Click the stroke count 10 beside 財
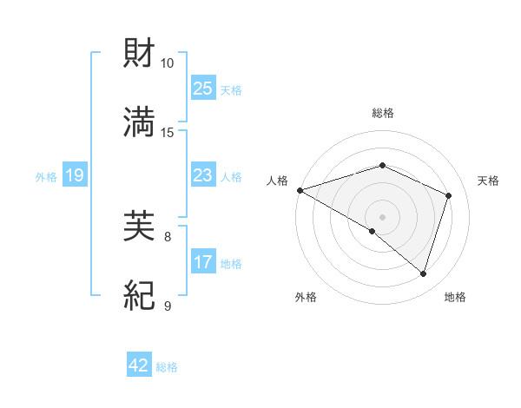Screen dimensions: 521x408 pyautogui.click(x=168, y=63)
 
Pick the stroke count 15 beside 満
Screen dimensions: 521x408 pyautogui.click(x=168, y=133)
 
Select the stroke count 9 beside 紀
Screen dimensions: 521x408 pyautogui.click(x=168, y=306)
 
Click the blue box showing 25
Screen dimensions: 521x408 pyautogui.click(x=202, y=89)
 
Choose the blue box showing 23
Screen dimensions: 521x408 pyautogui.click(x=202, y=175)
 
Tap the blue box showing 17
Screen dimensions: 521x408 pyautogui.click(x=202, y=262)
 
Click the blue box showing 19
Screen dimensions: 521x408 pyautogui.click(x=74, y=176)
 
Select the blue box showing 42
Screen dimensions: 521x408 pyautogui.click(x=139, y=366)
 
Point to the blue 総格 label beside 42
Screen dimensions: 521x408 pyautogui.click(x=167, y=367)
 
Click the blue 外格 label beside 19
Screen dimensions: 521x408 pyautogui.click(x=46, y=177)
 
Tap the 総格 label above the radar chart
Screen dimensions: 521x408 pyautogui.click(x=382, y=113)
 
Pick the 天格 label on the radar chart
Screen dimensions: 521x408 pyautogui.click(x=489, y=181)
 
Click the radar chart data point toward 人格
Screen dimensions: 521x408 pyautogui.click(x=300, y=190)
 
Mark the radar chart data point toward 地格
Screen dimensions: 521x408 pyautogui.click(x=424, y=274)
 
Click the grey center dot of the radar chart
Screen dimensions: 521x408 pyautogui.click(x=382, y=216)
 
